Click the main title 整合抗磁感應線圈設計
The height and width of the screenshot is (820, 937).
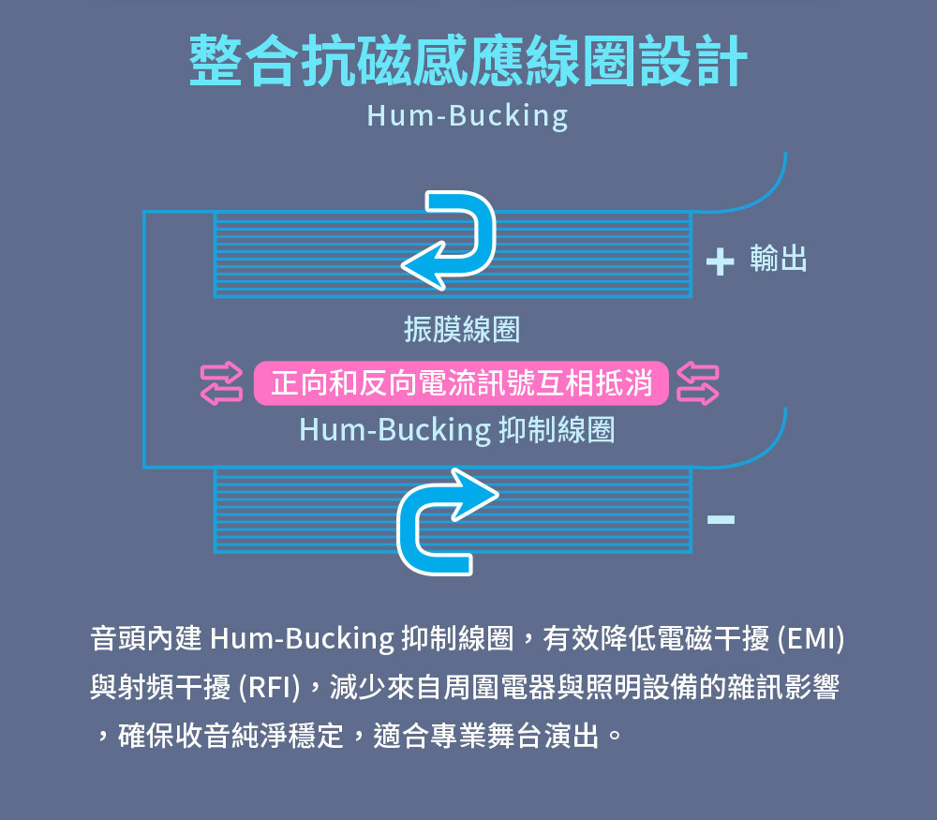[468, 62]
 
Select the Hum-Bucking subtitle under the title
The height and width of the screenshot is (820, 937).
[468, 115]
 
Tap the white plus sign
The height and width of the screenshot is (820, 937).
[720, 261]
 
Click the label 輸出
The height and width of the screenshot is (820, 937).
[779, 260]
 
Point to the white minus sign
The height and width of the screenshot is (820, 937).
[721, 518]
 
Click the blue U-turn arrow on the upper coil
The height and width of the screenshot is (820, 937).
[451, 239]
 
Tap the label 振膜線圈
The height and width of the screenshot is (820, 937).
[461, 330]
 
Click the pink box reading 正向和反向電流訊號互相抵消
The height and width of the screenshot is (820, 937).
[461, 383]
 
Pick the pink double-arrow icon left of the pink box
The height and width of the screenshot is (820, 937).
[222, 383]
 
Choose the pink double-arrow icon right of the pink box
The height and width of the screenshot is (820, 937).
[698, 383]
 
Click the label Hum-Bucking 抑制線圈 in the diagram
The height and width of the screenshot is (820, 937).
[456, 430]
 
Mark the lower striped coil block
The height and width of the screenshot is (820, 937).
[309, 510]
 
